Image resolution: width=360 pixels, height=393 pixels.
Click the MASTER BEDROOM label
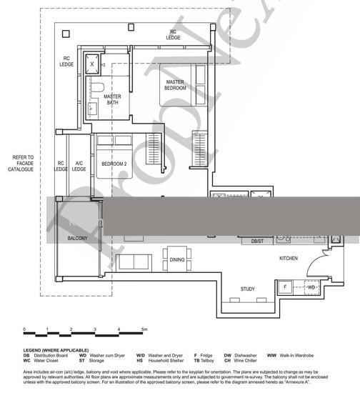tap(176, 85)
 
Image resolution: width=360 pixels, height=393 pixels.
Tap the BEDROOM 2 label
tap(114, 164)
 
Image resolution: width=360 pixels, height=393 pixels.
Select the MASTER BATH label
tap(113, 99)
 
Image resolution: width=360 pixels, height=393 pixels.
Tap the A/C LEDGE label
tap(80, 166)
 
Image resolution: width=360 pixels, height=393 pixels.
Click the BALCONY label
tap(77, 237)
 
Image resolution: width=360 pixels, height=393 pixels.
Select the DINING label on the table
tap(177, 260)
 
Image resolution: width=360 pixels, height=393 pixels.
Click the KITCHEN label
tap(288, 258)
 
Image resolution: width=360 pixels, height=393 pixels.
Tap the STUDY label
tap(247, 289)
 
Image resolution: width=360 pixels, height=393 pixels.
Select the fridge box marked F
tap(286, 287)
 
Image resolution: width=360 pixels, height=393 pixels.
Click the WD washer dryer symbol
tap(311, 287)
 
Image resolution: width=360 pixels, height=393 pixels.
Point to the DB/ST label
tap(257, 242)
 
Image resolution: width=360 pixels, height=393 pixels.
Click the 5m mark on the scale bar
tap(144, 329)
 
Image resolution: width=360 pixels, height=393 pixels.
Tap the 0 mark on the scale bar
tap(25, 329)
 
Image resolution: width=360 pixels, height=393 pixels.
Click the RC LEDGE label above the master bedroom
tap(173, 34)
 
